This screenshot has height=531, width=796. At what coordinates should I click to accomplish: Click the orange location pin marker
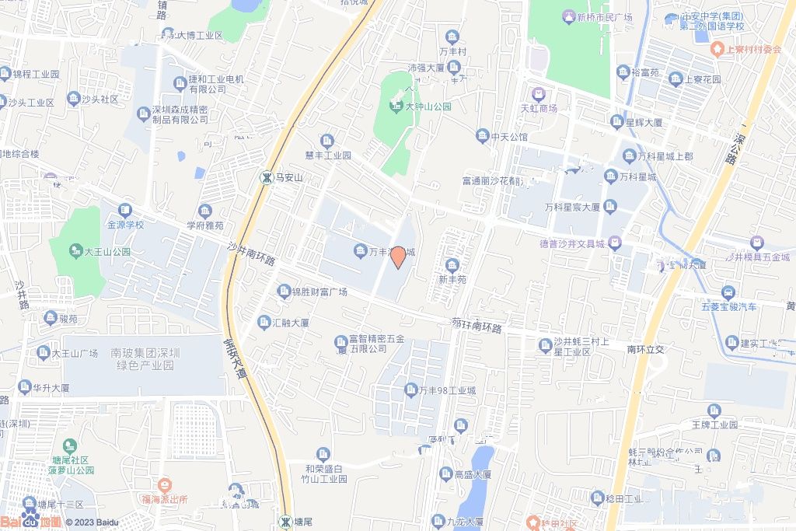click(397, 258)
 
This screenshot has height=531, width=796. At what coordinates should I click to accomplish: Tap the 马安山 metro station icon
click(266, 177)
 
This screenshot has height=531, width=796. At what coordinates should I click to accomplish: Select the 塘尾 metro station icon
click(287, 520)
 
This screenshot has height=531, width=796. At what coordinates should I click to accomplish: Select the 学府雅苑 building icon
click(204, 211)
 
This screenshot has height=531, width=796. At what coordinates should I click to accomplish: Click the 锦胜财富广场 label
click(319, 292)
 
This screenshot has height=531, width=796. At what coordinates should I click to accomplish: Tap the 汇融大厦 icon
click(265, 321)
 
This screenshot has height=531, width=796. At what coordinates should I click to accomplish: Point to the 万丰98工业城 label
click(446, 390)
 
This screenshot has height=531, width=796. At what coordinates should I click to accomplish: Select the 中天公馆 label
click(509, 137)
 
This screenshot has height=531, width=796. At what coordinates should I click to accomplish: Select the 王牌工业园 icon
click(714, 410)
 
